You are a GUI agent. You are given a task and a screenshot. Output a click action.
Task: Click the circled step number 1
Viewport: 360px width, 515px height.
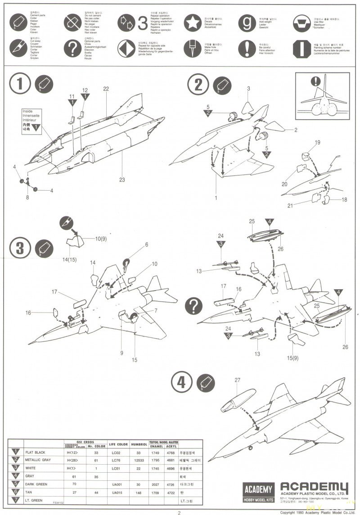click(20, 84)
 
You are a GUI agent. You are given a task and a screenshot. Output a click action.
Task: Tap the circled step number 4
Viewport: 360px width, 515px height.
click(181, 382)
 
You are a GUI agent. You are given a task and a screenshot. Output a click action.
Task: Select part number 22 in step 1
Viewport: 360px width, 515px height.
click(106, 89)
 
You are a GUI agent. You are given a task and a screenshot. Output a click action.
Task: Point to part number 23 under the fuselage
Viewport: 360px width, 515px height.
click(121, 180)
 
